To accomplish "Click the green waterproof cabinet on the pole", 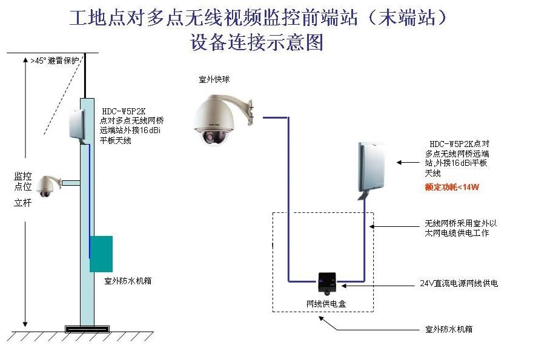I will [x=101, y=253].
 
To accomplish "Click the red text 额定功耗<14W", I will [x=451, y=188].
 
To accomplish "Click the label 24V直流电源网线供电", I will [x=459, y=283].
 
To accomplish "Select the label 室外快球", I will [x=214, y=79].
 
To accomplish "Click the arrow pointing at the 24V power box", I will [x=376, y=283].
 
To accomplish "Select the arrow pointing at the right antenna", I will [x=408, y=162].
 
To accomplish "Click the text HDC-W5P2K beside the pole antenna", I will [x=122, y=111].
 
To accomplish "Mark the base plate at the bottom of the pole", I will [x=88, y=329].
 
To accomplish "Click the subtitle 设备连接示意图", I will [x=257, y=42].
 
